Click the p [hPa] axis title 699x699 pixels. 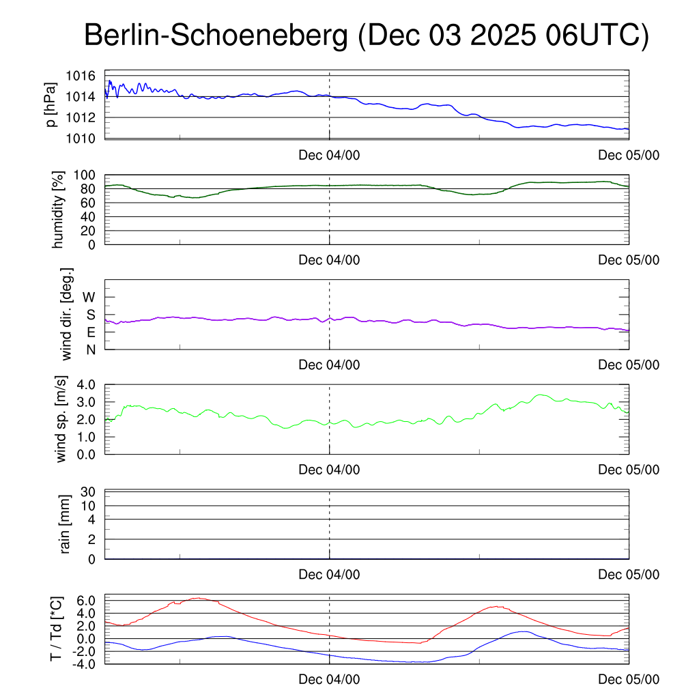coord(51,104)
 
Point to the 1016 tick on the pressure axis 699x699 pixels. coord(84,76)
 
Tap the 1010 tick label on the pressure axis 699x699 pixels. coord(84,139)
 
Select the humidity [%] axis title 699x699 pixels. coord(59,210)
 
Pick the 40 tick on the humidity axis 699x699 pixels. coord(91,216)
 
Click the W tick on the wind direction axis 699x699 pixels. coord(89,297)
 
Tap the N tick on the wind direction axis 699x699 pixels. coord(90,349)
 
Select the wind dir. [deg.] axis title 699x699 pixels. coord(67,313)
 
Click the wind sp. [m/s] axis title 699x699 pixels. coord(62,419)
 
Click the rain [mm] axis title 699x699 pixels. coord(66,525)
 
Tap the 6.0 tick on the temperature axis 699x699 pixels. coord(87,601)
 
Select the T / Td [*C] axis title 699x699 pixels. coord(57,628)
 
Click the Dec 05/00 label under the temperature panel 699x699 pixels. coord(629,679)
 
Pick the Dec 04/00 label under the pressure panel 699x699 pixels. coord(329,155)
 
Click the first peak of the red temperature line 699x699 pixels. coord(199,598)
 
